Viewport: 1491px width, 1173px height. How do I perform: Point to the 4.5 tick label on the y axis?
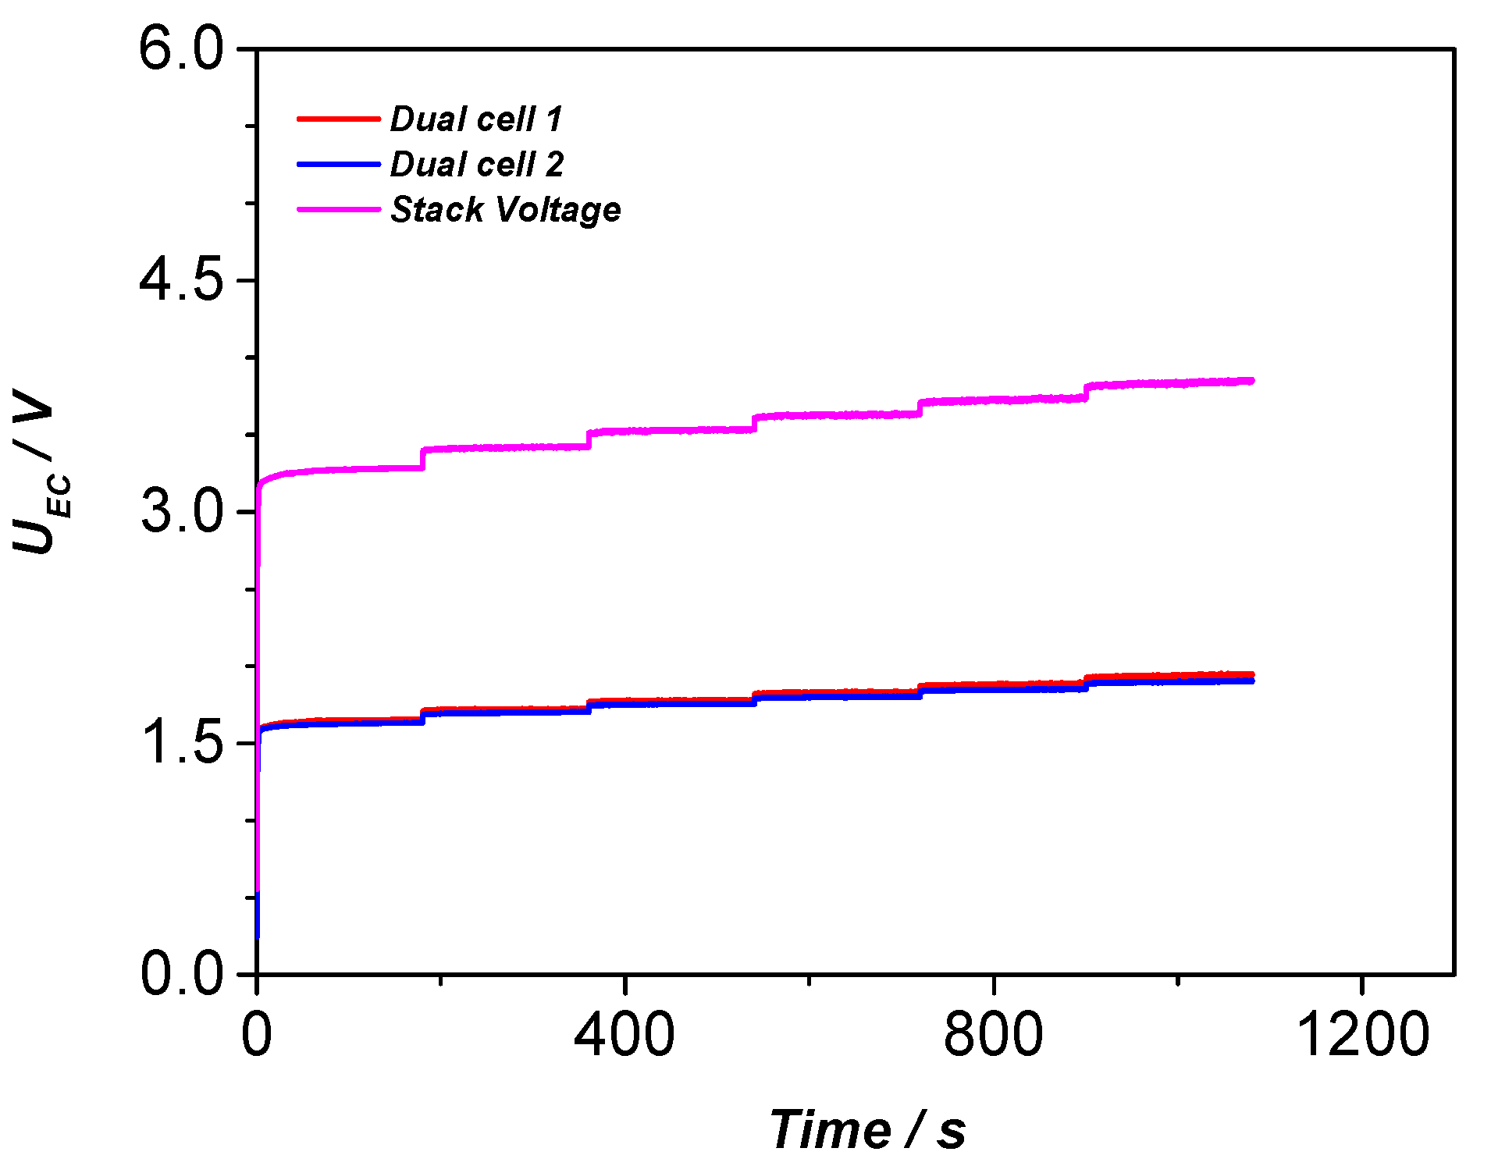pos(181,280)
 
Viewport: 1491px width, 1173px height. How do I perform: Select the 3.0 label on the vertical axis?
pos(181,512)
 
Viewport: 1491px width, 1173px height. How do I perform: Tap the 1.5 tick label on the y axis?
pos(181,743)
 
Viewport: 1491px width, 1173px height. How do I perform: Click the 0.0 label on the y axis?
pos(181,973)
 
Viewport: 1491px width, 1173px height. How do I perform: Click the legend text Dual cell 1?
pos(476,119)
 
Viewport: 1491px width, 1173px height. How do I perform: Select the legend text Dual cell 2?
pos(476,165)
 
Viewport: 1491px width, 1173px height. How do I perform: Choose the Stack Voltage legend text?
pos(505,210)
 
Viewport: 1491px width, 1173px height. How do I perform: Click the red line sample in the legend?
pos(337,119)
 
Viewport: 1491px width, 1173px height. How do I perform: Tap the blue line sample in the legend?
pos(337,165)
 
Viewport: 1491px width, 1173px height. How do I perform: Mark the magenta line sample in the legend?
pos(337,210)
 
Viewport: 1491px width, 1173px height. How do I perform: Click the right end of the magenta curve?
pos(1251,381)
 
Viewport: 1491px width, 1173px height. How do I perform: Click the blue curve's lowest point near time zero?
pos(258,935)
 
